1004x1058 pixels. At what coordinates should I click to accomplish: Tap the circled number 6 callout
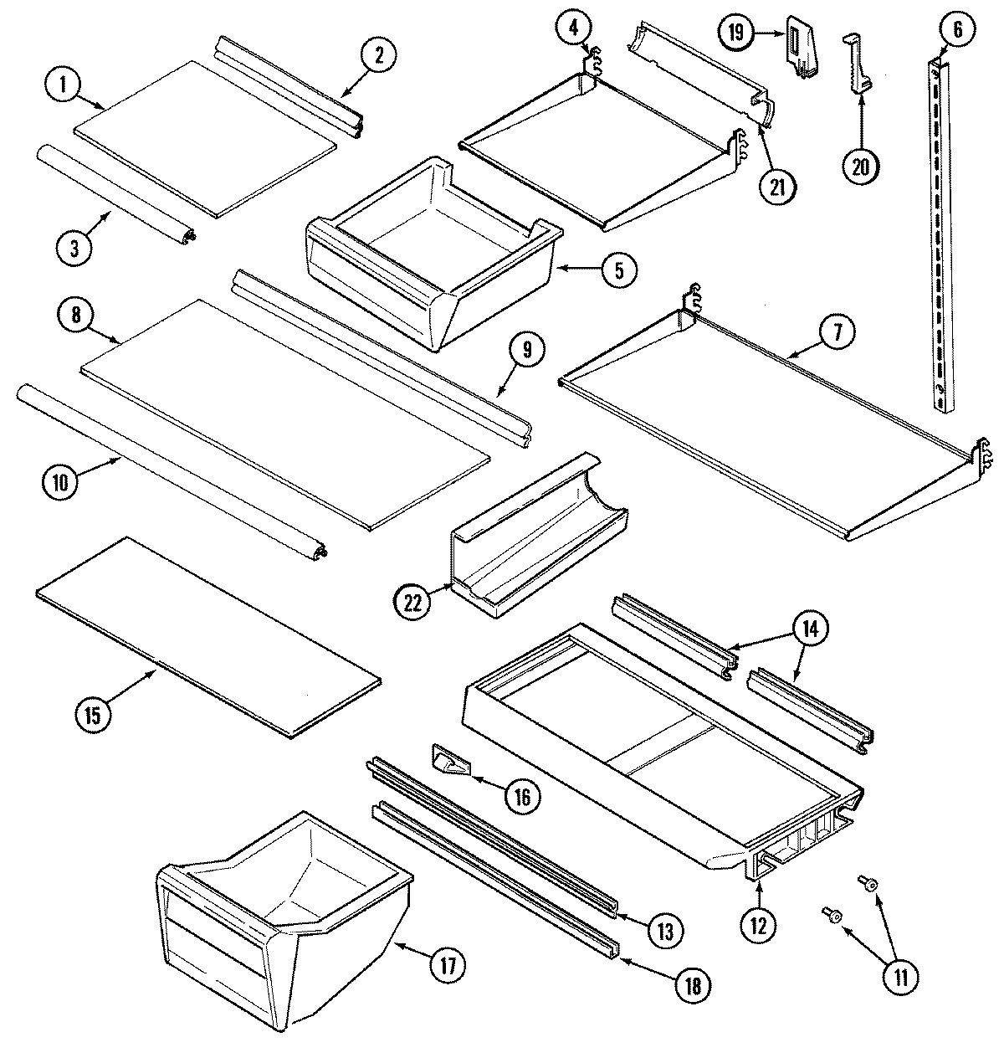coord(957,31)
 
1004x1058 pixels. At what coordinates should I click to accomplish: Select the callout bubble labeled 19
coord(735,33)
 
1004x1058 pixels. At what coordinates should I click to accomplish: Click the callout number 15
coord(91,715)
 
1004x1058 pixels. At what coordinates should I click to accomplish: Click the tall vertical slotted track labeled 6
coord(940,234)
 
